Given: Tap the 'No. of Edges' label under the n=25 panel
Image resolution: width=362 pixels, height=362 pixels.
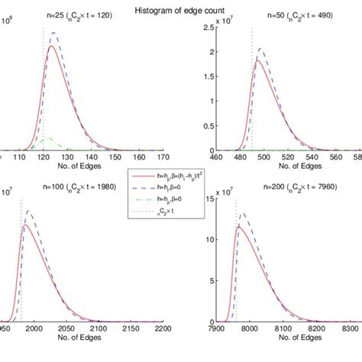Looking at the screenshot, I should pos(75,167).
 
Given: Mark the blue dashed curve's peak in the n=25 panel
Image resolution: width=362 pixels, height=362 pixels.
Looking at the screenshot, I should pos(53,34).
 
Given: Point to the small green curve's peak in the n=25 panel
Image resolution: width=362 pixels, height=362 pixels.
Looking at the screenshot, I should pos(47,138).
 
